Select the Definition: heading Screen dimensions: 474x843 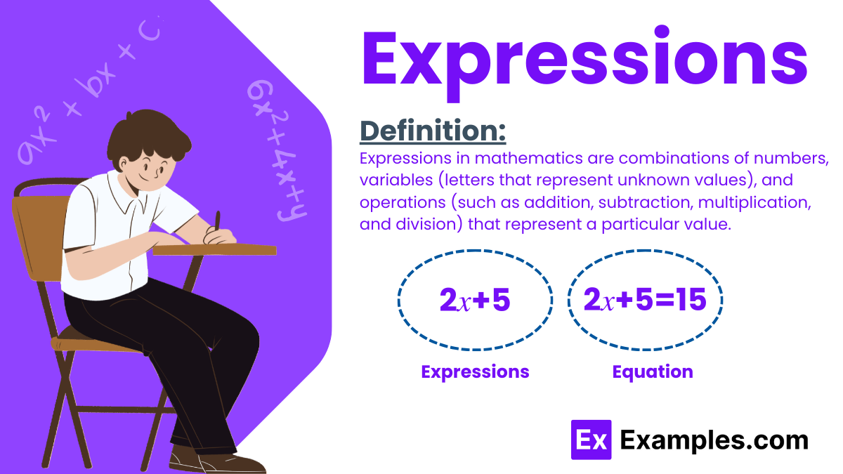[x=433, y=131]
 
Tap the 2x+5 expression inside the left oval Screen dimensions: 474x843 [x=474, y=301]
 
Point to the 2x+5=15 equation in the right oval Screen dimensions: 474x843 [x=645, y=301]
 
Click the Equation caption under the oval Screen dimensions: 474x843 [x=652, y=371]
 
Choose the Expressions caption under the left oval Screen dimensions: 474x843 [x=475, y=371]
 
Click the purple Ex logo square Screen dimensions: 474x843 [x=591, y=440]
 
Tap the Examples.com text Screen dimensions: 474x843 [x=714, y=440]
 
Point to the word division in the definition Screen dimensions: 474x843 [x=426, y=225]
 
